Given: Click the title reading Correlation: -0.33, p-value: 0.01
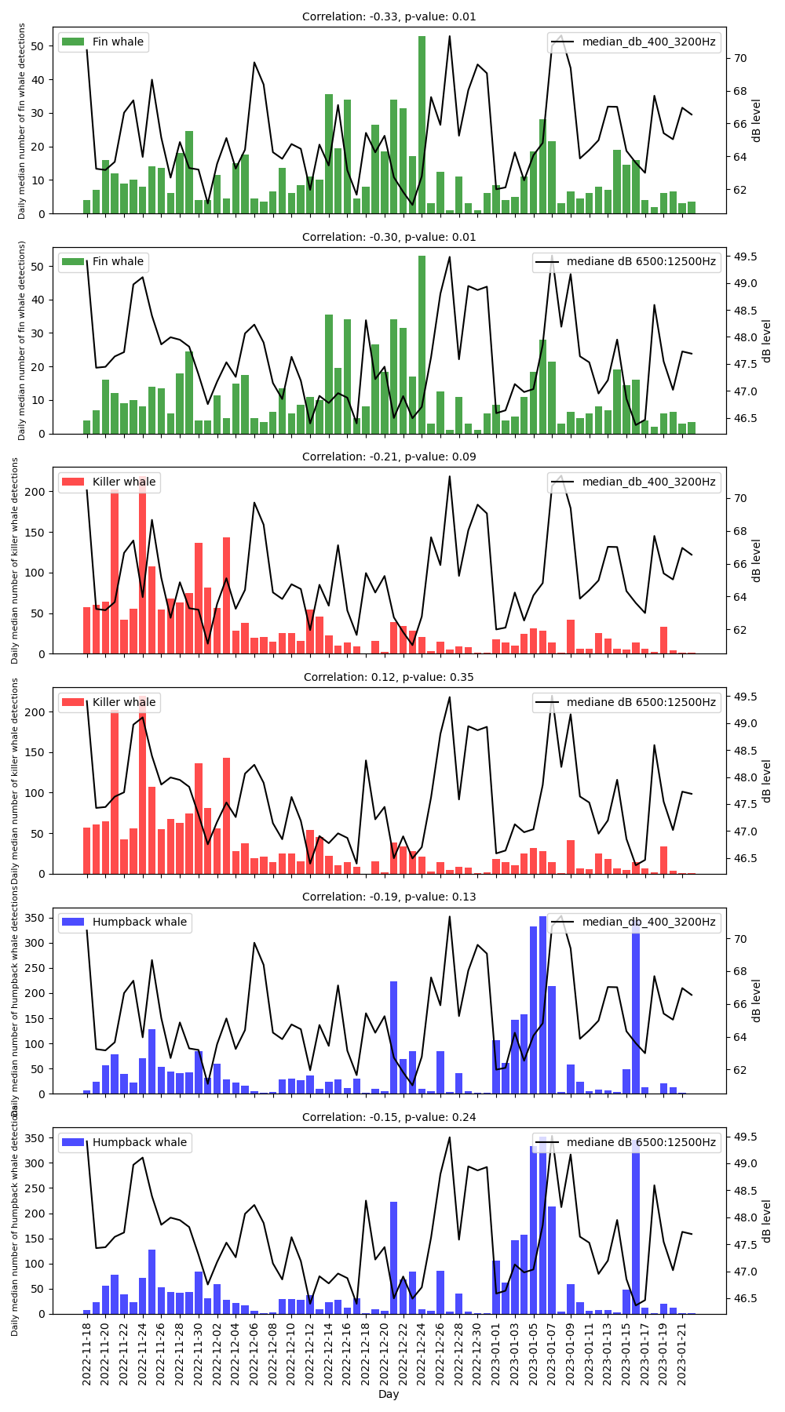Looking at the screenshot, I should [x=389, y=16].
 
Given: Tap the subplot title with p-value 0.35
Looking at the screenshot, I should [x=389, y=677].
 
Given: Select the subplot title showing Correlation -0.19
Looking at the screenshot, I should [x=389, y=897].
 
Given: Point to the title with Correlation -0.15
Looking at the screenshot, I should [x=389, y=1117].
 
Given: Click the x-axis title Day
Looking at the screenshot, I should [x=389, y=1394].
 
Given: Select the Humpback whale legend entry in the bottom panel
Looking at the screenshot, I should [x=125, y=1142].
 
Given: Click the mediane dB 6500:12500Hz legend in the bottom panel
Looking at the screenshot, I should [x=626, y=1142].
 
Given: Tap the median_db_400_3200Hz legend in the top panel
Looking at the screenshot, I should [x=633, y=42].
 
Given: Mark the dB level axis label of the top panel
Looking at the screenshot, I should [x=757, y=120].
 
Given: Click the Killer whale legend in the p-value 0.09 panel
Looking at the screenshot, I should [x=109, y=482].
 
